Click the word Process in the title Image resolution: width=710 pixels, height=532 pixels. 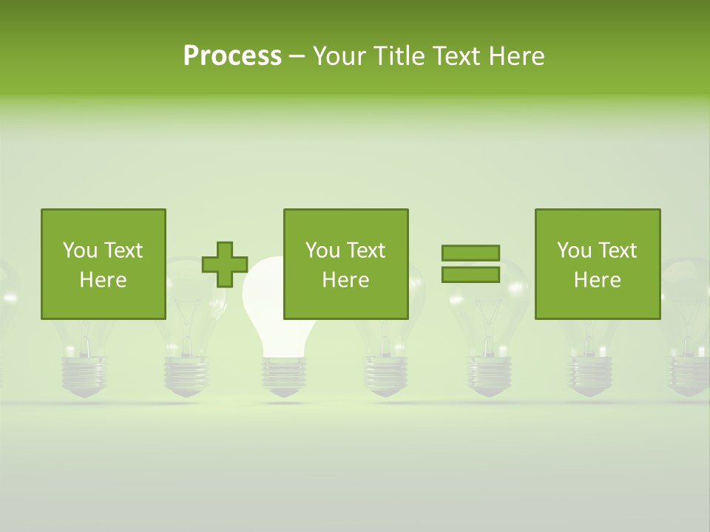[x=232, y=56]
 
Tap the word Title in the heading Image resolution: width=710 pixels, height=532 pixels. [x=400, y=56]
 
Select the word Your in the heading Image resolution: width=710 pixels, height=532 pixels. [x=341, y=56]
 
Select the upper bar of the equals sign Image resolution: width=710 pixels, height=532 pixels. [x=470, y=253]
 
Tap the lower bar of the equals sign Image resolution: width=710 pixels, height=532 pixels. [x=470, y=274]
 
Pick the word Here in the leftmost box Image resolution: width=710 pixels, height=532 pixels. [x=103, y=280]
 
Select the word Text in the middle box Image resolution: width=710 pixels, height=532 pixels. [x=366, y=250]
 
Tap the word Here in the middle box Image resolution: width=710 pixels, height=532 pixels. [x=345, y=280]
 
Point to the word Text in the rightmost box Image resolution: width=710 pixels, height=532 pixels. [x=618, y=250]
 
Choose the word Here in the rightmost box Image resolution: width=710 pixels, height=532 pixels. [x=597, y=280]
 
